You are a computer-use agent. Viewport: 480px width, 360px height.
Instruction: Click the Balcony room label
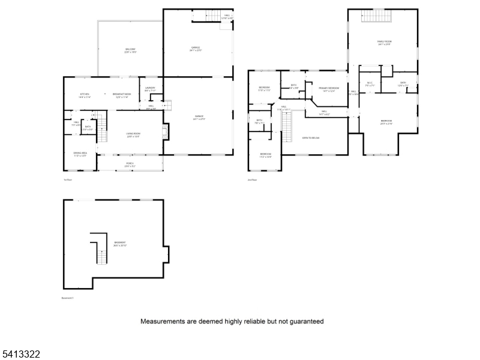point(130,50)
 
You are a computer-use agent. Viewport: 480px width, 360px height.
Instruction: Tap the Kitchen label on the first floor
point(85,95)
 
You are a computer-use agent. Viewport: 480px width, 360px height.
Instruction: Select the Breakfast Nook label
point(122,95)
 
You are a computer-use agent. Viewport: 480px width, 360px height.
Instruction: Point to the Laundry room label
point(150,89)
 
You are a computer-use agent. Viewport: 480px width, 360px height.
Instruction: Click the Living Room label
point(133,135)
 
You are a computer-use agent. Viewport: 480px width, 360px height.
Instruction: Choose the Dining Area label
point(80,154)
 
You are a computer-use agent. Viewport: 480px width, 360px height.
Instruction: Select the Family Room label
point(383,43)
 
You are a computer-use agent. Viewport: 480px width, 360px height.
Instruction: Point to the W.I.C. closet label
point(370,84)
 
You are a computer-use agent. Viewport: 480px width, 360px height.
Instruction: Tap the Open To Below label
point(310,137)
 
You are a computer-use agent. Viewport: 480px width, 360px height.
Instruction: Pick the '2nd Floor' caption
point(252,179)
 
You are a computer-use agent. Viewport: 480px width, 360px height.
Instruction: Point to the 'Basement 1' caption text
point(68,298)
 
